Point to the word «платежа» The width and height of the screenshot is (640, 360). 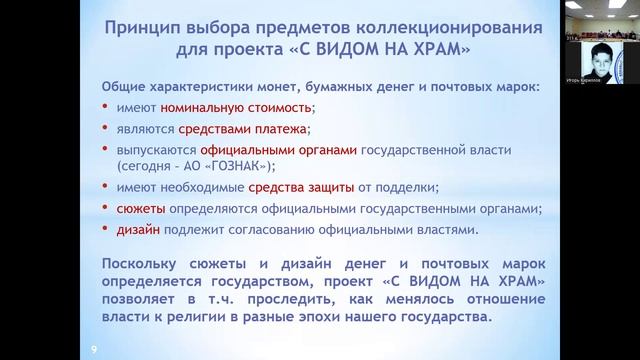280,129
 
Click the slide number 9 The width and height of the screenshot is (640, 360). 94,348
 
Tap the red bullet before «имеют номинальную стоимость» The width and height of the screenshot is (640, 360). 107,108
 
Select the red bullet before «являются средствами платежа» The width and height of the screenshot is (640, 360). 107,129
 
